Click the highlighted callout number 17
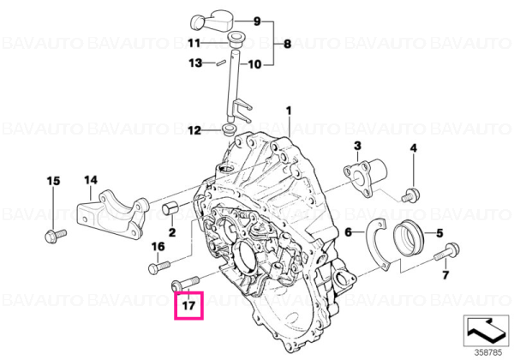188,306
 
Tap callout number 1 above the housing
289,111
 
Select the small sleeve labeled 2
170,208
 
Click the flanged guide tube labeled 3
366,177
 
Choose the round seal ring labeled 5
409,237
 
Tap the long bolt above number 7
447,252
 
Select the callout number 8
287,44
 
